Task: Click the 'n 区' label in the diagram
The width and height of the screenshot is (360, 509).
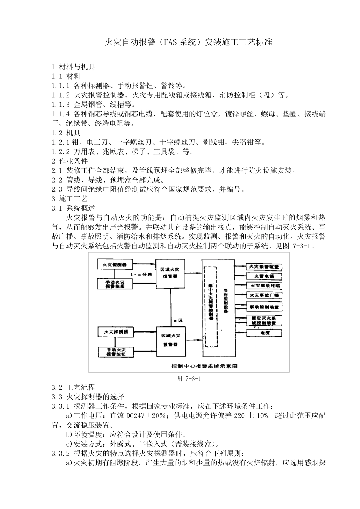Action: click(x=178, y=320)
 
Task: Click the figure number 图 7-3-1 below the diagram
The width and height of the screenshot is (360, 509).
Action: click(x=188, y=378)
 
